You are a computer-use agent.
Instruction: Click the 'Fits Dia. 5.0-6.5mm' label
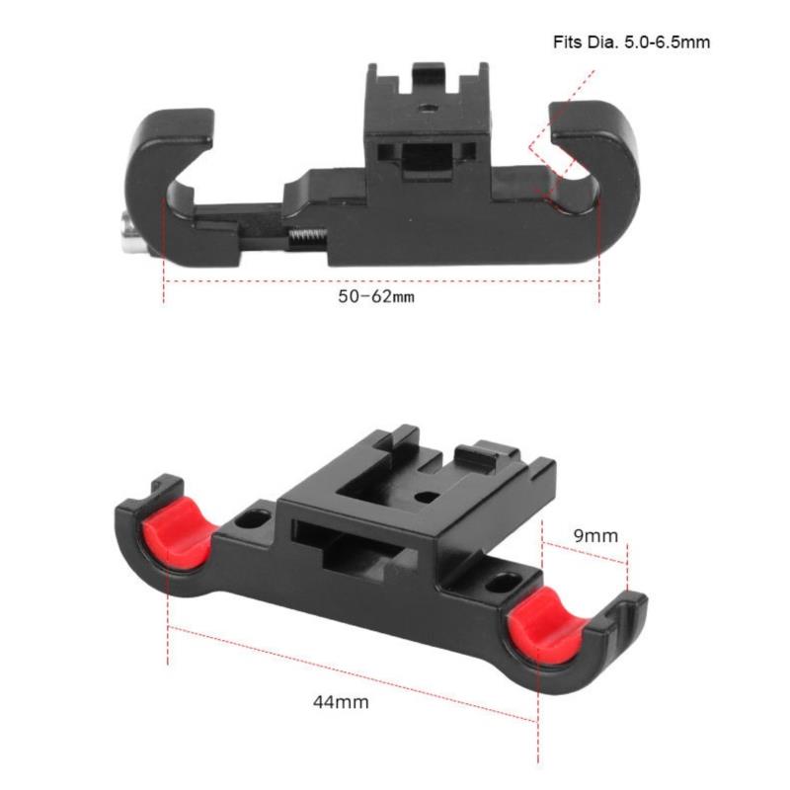(x=631, y=41)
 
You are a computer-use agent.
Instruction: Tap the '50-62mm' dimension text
(x=376, y=296)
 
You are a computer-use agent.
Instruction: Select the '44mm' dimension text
(x=341, y=702)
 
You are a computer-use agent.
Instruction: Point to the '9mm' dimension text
(x=596, y=535)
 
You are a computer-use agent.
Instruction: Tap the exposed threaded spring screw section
(x=308, y=237)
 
